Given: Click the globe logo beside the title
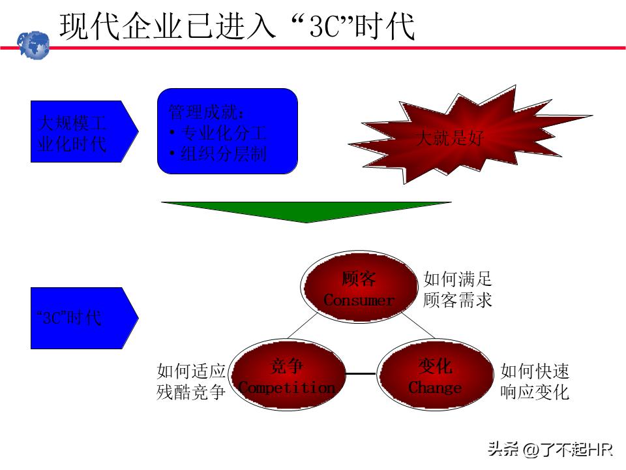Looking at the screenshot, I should click(x=33, y=44).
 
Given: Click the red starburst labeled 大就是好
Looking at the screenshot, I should click(x=450, y=138).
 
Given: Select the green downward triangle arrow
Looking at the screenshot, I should click(x=306, y=211).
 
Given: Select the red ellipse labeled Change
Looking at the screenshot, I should click(x=435, y=377).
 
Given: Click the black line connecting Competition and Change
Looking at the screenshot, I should click(x=361, y=374).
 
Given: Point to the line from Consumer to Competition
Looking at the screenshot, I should click(x=303, y=326).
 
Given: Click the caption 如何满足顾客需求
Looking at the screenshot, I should click(x=457, y=290).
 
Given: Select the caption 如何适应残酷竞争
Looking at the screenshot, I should click(x=191, y=382).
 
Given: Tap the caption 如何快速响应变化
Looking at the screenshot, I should click(x=535, y=382).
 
